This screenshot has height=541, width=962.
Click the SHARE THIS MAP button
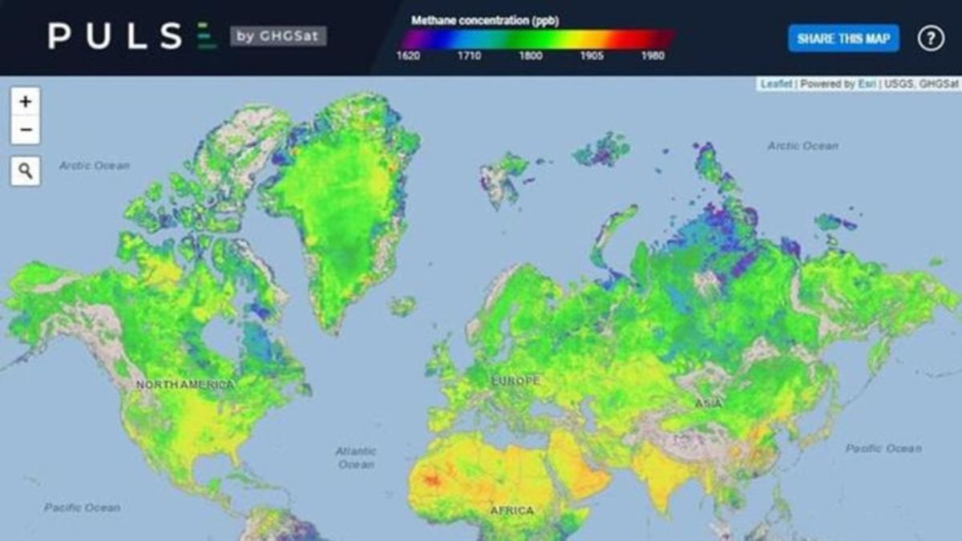[x=843, y=38]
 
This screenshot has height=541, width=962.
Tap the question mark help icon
[x=931, y=38]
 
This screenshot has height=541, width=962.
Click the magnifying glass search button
[x=25, y=171]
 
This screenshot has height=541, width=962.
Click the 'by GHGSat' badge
[x=278, y=36]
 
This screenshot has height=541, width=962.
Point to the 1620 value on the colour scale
[x=408, y=56]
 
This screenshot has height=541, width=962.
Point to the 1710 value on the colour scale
[x=469, y=56]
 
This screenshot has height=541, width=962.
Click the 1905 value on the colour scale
[x=591, y=56]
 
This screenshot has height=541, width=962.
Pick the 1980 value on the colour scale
[x=652, y=56]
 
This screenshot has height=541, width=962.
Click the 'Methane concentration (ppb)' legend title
[x=484, y=20]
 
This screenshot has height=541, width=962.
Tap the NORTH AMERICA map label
[x=185, y=385]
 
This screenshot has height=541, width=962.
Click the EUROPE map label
[x=515, y=381]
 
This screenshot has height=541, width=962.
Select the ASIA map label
[x=708, y=403]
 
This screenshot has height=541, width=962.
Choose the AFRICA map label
[x=511, y=511]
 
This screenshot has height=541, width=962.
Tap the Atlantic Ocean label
[x=356, y=458]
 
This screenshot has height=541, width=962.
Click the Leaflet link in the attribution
[x=775, y=84]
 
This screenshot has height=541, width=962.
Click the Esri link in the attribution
[x=867, y=84]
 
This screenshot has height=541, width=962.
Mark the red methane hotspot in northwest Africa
[x=432, y=480]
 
